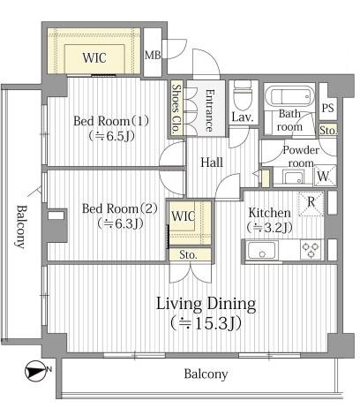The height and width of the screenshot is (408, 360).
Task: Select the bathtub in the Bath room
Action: [x=289, y=96]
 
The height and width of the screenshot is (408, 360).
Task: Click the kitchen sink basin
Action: [x=262, y=250]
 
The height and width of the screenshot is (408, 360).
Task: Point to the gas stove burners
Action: [x=311, y=250]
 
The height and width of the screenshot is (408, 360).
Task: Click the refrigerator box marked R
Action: [x=311, y=204]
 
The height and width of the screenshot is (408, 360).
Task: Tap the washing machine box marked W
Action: [x=325, y=176]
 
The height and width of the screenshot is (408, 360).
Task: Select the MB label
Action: [x=153, y=55]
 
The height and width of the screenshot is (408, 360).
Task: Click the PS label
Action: [x=328, y=108]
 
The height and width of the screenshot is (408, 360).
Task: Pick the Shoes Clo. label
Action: [x=176, y=109]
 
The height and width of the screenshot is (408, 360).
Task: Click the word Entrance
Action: [x=209, y=110]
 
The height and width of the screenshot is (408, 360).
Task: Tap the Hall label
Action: [x=212, y=162]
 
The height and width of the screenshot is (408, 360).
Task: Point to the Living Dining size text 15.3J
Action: [x=206, y=323]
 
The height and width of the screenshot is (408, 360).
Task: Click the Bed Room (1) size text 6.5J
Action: [x=112, y=136]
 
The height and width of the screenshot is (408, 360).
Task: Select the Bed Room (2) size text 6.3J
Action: [x=120, y=224]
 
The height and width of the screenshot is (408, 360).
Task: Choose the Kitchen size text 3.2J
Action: [x=270, y=228]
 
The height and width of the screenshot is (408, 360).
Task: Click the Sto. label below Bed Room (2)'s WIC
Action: [x=188, y=255]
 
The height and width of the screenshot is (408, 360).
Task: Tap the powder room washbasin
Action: [x=293, y=178]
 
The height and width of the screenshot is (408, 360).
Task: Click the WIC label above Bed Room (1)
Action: [x=94, y=57]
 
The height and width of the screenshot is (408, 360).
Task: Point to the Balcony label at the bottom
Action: [x=206, y=374]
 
